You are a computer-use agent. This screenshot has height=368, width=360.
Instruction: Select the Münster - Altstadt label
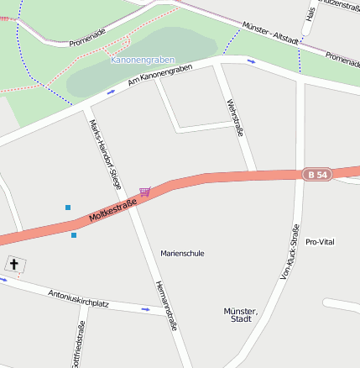pos(269,33)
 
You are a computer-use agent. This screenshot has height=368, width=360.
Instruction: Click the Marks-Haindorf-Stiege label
pos(105,152)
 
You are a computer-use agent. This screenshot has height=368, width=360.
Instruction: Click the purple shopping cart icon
pos(145,192)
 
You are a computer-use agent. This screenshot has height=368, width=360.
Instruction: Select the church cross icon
pos(13,265)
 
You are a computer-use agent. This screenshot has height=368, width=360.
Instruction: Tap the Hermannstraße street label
pos(166,305)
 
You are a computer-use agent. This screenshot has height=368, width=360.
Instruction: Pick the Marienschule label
pos(182,253)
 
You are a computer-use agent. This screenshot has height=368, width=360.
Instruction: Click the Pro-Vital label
pos(320,242)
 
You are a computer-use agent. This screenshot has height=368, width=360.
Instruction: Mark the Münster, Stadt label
pos(241,315)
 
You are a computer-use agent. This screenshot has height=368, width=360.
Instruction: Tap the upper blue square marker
pos(68,207)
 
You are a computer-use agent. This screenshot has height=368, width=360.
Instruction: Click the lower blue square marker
pos(74,235)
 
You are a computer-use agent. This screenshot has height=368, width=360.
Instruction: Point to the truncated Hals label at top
pos(310,14)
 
